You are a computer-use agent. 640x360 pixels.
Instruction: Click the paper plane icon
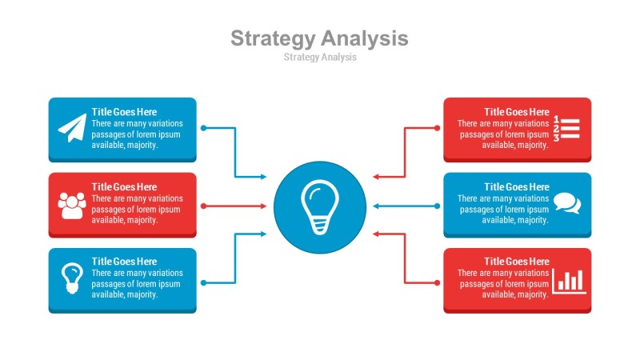coord(72,128)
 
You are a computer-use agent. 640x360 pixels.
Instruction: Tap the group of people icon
coord(72,206)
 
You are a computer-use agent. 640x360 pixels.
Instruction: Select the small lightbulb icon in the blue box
coord(72,278)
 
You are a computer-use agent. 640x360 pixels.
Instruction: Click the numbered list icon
coord(566,129)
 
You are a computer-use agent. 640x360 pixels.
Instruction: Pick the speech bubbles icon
coord(567,203)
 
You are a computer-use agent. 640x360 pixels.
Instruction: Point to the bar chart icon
coord(569,282)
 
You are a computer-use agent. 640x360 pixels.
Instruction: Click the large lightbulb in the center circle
coord(320,207)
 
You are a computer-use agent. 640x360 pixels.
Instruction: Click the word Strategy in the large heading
coord(273,38)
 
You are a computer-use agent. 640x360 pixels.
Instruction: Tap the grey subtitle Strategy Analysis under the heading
coord(320,57)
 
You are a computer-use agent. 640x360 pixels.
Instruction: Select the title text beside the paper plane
coord(124,112)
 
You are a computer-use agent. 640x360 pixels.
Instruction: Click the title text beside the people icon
coord(124,187)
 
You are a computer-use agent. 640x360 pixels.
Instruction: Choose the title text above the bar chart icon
coord(517,262)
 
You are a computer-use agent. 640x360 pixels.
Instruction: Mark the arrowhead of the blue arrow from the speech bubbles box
coord(376,206)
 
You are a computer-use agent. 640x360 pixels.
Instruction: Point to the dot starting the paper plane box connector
coord(204,128)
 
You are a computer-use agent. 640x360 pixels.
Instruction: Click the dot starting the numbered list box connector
coord(437,128)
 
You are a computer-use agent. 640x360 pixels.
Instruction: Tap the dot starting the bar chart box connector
coord(437,283)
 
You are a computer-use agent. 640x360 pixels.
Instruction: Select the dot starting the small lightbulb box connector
coord(204,283)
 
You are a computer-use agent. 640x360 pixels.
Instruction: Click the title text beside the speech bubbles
coord(517,187)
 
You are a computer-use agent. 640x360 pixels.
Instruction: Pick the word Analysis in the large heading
coord(365,38)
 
